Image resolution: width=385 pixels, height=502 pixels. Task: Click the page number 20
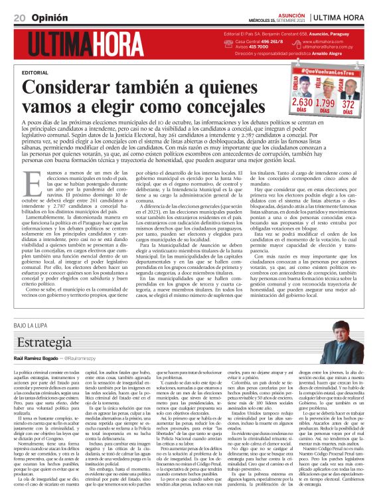pyautogui.click(x=19, y=17)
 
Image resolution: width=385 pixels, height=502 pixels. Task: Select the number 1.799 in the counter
pyautogui.click(x=325, y=104)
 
